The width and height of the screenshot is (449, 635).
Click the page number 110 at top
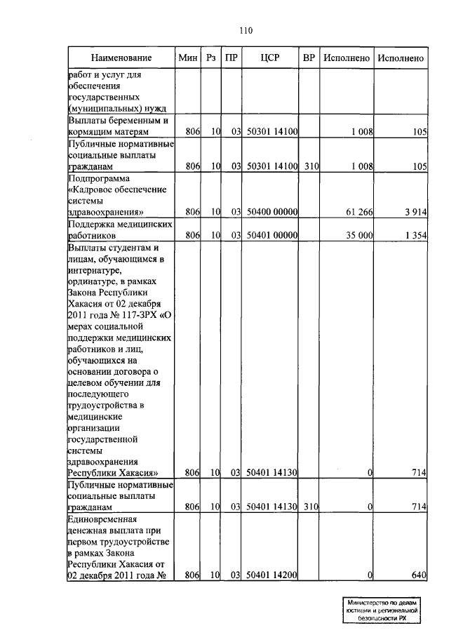pos(245,30)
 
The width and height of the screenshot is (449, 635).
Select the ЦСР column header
pos(270,58)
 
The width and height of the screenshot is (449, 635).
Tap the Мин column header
pos(188,58)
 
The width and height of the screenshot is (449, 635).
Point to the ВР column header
pos(308,58)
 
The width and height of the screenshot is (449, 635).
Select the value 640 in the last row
pos(420,575)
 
